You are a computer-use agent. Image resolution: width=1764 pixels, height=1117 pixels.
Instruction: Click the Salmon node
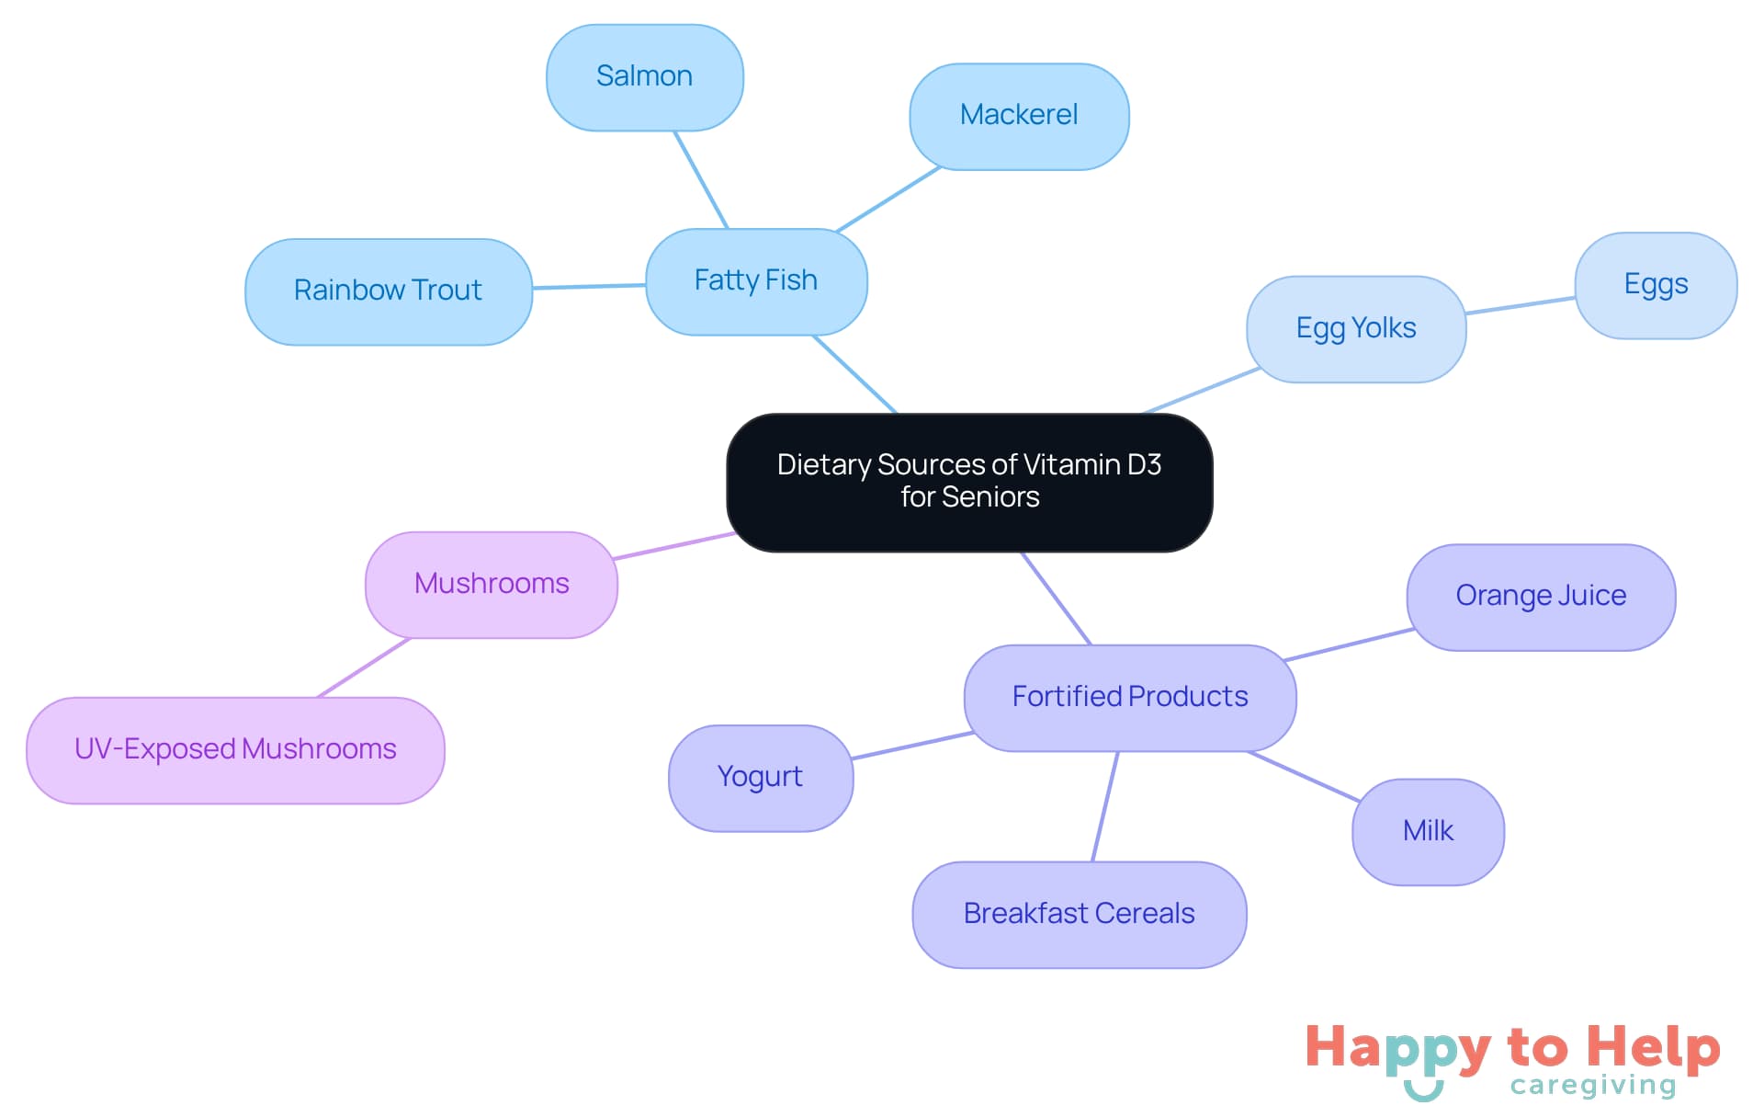tap(644, 77)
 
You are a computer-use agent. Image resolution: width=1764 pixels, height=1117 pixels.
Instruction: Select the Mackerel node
tap(1019, 116)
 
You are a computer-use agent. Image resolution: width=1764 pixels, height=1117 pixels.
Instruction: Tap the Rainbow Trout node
tap(388, 291)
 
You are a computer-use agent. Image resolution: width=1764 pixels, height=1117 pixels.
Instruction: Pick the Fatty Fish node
tap(755, 281)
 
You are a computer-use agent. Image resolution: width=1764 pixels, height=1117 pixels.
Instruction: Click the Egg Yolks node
tap(1355, 329)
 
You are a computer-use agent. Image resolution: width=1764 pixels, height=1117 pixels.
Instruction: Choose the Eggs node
tap(1655, 285)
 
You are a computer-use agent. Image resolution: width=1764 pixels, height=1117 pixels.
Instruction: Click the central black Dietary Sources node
tap(969, 482)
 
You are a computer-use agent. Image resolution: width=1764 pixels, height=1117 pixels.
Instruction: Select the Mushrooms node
tap(492, 585)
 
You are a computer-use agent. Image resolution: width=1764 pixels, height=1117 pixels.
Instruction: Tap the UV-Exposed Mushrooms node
tap(235, 750)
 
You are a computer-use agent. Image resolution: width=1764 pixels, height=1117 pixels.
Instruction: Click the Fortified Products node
tap(1129, 698)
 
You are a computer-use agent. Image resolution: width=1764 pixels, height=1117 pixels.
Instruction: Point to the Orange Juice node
tap(1541, 597)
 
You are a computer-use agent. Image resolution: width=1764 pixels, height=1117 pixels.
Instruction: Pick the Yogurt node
tap(760, 778)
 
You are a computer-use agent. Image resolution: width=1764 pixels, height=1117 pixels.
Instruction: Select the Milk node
tap(1428, 832)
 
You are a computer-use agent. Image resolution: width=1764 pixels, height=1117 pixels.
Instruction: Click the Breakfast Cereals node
tap(1079, 915)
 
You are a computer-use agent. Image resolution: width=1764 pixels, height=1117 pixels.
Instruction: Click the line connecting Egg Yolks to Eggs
tap(1521, 305)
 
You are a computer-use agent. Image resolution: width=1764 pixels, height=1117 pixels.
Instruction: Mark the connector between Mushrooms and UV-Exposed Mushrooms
tap(364, 667)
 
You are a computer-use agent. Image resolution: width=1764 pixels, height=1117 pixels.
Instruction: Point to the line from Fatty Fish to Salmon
tap(701, 179)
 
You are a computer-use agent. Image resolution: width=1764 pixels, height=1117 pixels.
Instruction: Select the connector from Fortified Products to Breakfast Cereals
tap(1105, 806)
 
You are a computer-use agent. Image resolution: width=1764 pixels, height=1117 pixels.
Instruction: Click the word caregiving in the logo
tap(1593, 1086)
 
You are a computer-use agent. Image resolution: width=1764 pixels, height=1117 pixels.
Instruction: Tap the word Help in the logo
tap(1653, 1047)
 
